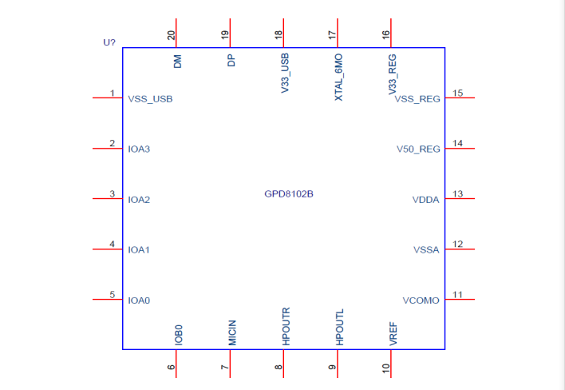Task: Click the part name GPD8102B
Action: [288, 194]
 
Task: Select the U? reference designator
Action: [110, 42]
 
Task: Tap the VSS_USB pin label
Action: [150, 100]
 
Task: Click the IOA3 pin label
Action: [139, 149]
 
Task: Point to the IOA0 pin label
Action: [139, 300]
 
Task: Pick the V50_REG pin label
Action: [418, 149]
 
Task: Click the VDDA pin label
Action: [425, 200]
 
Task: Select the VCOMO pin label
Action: [421, 300]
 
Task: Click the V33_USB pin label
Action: [285, 74]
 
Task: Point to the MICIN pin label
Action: [231, 332]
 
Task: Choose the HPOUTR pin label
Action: [286, 326]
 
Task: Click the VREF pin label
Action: [393, 334]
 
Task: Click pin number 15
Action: [458, 93]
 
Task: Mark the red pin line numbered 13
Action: [460, 200]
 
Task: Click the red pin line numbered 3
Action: [108, 200]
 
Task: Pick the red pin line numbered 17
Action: [338, 34]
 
